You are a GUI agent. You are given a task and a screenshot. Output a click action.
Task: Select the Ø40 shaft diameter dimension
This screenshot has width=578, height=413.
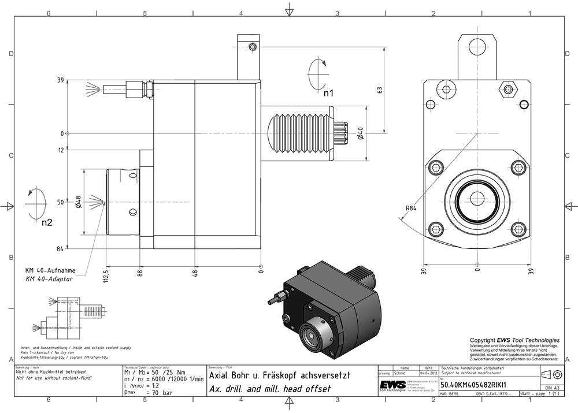(x=360, y=133)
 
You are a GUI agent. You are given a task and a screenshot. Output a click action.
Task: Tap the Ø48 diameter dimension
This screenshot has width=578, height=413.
(x=78, y=202)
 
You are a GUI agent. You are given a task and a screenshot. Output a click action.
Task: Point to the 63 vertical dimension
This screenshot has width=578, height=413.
(x=380, y=90)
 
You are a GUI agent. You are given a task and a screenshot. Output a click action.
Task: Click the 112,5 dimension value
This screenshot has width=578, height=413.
(x=106, y=270)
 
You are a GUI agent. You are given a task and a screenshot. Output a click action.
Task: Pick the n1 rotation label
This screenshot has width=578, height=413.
(x=328, y=92)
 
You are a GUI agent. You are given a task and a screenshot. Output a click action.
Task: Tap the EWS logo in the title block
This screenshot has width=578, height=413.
(x=392, y=385)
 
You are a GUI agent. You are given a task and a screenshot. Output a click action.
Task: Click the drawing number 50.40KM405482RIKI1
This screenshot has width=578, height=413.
(x=474, y=384)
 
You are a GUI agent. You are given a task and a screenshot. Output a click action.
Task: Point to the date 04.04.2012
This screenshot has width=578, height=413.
(x=428, y=373)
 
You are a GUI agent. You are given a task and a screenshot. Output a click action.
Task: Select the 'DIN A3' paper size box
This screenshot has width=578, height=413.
(x=552, y=388)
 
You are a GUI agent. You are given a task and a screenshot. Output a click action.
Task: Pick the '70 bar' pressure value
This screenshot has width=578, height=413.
(x=160, y=393)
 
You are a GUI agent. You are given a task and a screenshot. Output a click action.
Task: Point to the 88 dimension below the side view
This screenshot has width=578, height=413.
(x=139, y=270)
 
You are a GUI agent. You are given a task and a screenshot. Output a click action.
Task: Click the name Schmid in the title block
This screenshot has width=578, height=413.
(x=400, y=373)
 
